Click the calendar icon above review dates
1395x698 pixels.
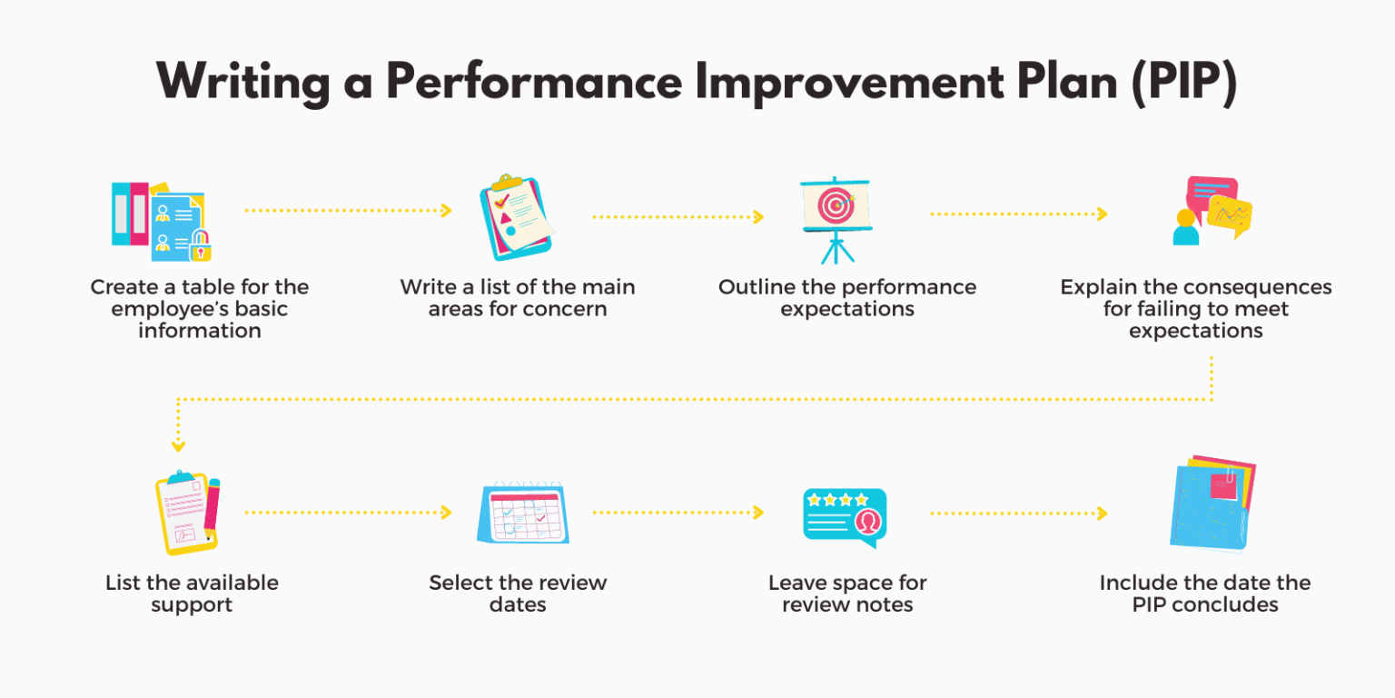coord(523,514)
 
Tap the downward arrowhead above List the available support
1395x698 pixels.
coord(178,445)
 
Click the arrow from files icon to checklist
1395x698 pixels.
coord(348,211)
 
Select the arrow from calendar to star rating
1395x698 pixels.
coord(678,513)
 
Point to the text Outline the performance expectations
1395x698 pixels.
coord(847,298)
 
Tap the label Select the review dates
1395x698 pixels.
coord(518,593)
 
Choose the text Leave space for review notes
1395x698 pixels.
coord(847,593)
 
